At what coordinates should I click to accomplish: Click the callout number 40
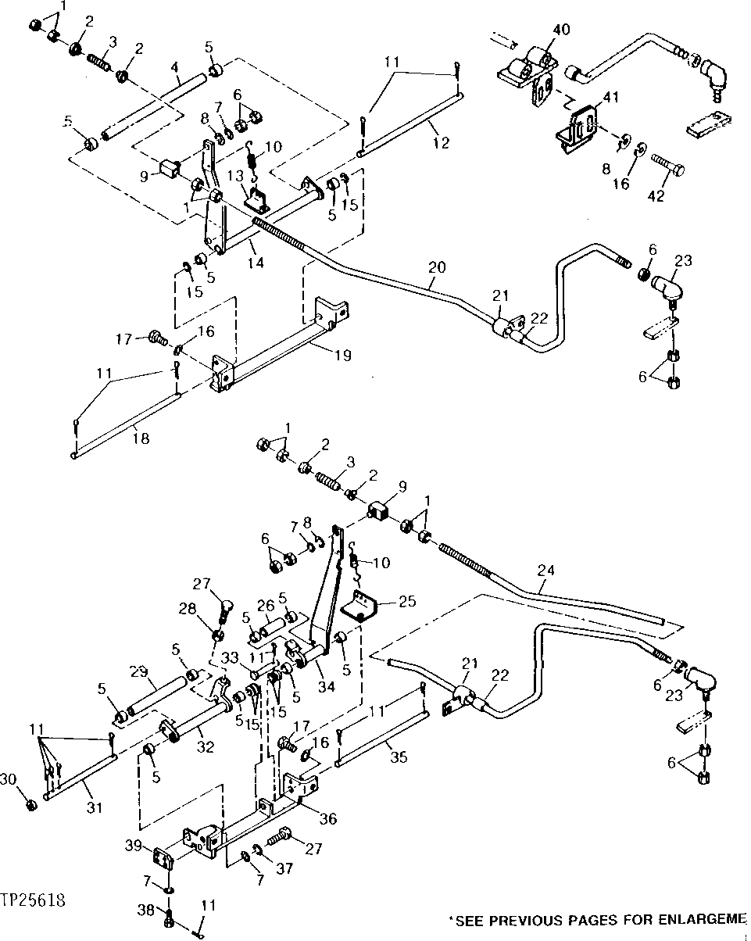point(562,30)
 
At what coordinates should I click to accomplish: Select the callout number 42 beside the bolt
point(656,195)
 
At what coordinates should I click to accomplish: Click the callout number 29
point(138,672)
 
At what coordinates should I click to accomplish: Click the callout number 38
point(143,909)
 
